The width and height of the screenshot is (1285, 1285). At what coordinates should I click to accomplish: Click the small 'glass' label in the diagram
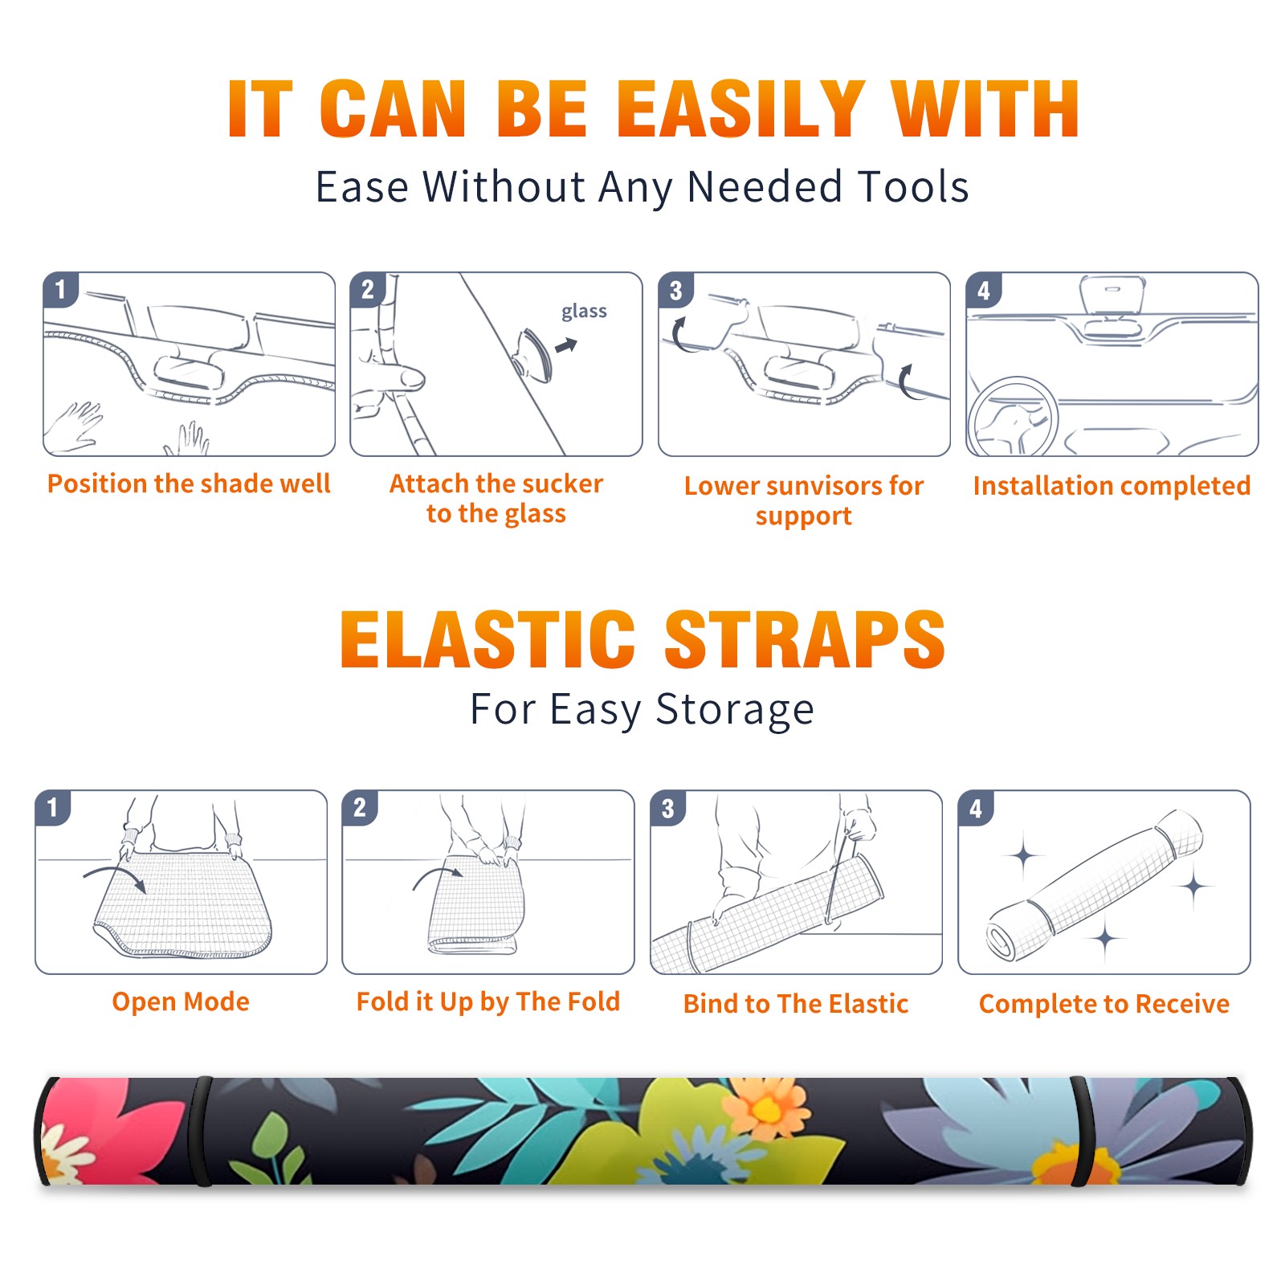point(584,312)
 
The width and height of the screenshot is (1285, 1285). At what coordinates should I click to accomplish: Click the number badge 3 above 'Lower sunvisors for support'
point(675,290)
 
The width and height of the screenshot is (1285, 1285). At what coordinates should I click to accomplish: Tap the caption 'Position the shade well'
point(189,483)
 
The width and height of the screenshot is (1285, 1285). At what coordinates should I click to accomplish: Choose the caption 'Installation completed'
point(1112,485)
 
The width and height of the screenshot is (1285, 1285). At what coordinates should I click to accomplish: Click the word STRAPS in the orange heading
point(805,639)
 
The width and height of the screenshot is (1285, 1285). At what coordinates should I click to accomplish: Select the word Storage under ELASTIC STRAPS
point(735,710)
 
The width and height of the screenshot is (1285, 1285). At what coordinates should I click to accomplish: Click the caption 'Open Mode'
point(181,1001)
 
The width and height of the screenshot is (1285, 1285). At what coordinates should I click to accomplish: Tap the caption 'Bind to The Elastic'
point(796,1004)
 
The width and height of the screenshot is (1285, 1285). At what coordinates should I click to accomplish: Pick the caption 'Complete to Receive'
point(1104,1004)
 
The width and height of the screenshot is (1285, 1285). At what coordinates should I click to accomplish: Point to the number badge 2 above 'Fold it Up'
point(360,807)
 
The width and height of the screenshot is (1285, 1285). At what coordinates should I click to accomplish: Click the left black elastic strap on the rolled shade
point(202,1132)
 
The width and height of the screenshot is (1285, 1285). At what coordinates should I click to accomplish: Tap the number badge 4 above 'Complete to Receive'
point(976,808)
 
